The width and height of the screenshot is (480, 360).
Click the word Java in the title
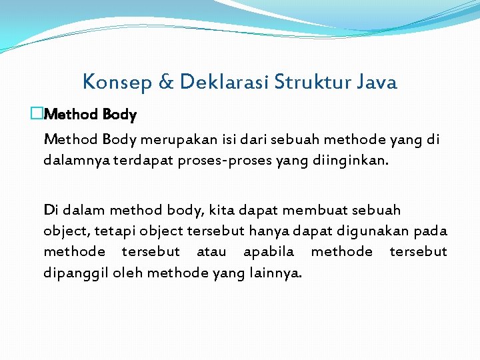click(377, 82)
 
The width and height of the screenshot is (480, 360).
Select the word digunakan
click(375, 231)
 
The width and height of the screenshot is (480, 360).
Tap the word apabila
click(269, 251)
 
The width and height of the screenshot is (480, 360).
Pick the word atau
click(211, 251)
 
